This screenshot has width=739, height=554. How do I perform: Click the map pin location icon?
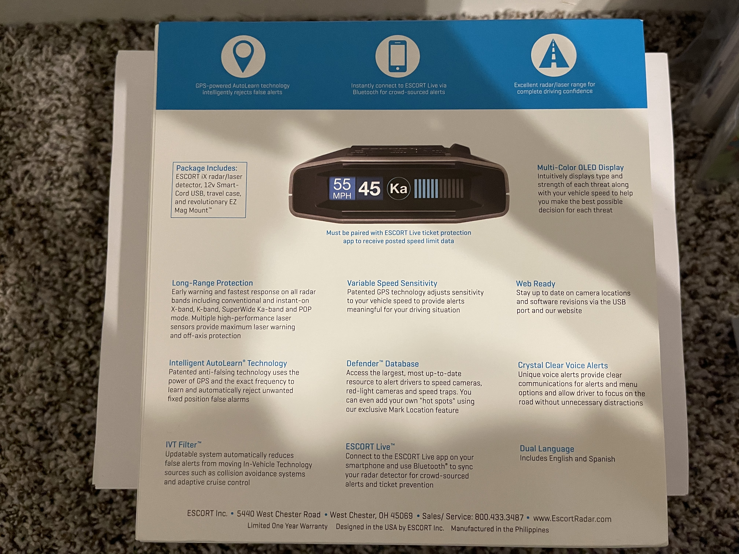coord(243,56)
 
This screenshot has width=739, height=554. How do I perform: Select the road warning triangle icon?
coord(554,56)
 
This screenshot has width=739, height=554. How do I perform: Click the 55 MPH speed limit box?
coord(342,189)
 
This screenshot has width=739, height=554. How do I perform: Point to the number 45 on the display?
coord(369,189)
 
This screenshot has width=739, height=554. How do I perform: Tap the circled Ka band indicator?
coord(398,189)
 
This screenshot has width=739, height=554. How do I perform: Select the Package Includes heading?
coord(206,168)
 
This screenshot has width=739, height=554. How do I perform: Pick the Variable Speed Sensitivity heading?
coord(392,283)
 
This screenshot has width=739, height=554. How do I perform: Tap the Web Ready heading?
coord(536,284)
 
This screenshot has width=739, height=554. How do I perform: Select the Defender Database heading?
coord(383,364)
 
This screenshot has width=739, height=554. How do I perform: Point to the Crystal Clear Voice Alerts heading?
coord(563,365)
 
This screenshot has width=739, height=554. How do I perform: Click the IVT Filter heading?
coord(183,444)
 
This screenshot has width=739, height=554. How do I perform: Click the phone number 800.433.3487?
coord(499,517)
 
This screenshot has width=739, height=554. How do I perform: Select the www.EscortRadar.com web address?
coord(572,519)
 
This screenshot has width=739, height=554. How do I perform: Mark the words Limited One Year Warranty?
coord(287,526)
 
